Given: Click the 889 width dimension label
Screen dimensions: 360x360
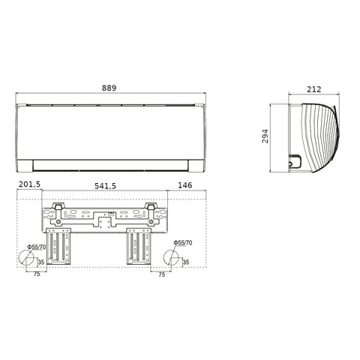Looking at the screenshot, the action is (x=109, y=88).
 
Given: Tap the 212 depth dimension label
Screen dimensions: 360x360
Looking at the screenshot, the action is (x=313, y=89).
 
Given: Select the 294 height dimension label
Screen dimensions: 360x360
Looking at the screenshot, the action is (x=265, y=136).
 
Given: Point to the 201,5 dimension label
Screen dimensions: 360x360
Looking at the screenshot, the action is (x=29, y=184).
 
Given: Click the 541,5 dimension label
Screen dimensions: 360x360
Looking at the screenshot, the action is (x=105, y=186).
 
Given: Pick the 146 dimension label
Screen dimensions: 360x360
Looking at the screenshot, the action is (x=185, y=185).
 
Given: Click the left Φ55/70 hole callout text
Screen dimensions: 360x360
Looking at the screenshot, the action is (x=37, y=247).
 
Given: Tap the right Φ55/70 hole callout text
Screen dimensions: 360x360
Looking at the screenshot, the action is (x=183, y=243).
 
